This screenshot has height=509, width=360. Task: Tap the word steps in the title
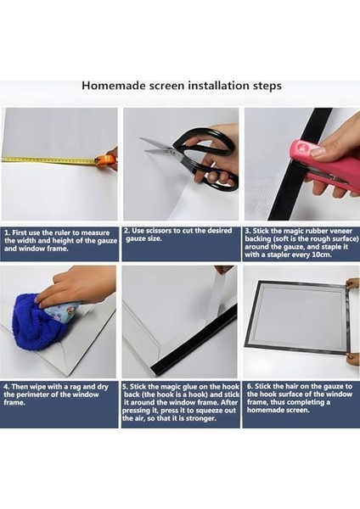267,87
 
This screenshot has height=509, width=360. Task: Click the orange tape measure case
105,159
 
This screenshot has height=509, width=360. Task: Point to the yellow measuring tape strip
48,159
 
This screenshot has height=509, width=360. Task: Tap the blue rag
39,323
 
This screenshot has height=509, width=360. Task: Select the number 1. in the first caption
7,233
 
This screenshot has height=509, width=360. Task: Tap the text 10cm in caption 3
322,255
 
